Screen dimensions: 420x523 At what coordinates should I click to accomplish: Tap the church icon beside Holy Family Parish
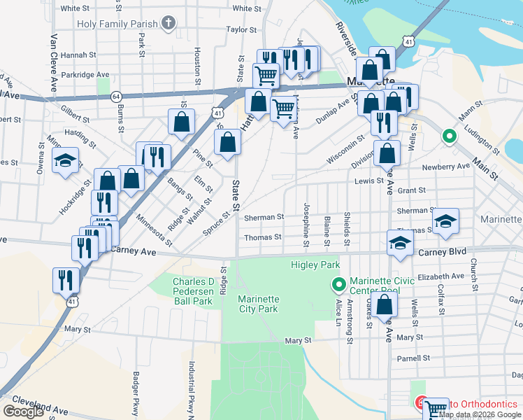[167, 24]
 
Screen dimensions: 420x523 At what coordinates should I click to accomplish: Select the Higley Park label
[315, 265]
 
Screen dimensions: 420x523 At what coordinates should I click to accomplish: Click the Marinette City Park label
[259, 304]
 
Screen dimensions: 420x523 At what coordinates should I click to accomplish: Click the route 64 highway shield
[116, 95]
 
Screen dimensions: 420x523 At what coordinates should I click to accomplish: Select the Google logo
[23, 412]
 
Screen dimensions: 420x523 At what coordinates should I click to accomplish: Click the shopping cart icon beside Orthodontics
[436, 409]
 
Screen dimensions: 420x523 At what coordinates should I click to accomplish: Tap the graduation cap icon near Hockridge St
[65, 161]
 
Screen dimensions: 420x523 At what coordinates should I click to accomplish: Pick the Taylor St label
[242, 30]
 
